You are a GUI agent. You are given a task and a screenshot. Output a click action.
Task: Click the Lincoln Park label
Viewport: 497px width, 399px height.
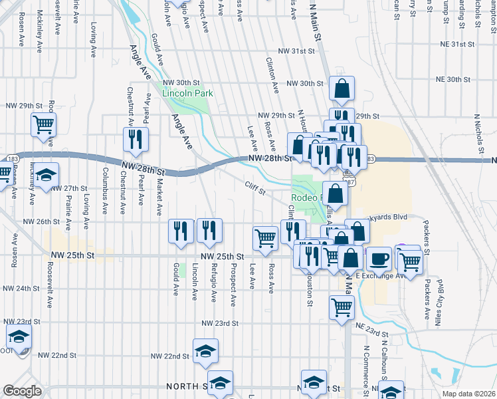point(188,94)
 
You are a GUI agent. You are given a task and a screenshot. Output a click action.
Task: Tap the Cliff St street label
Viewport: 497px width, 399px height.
point(254,189)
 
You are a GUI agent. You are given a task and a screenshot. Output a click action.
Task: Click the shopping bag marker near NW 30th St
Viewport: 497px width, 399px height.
point(342,88)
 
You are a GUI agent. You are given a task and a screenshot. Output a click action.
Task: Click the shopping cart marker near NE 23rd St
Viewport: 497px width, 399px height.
point(342,308)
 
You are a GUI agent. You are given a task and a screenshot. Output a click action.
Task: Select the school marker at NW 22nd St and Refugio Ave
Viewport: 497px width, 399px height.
point(206,350)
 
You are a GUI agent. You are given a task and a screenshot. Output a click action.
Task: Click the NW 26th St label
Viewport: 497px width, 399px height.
point(37,222)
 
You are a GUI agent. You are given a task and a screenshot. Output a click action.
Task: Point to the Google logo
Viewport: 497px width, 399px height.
point(22,391)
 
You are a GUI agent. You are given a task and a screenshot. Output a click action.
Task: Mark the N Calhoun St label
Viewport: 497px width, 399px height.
point(385,365)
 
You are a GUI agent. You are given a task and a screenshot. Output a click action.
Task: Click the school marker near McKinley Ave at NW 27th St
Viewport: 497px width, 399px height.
point(47,175)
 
